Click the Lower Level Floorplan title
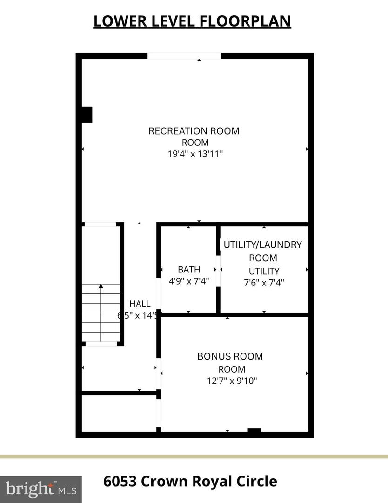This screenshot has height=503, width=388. click(x=192, y=21)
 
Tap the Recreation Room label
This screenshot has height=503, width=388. click(x=194, y=131)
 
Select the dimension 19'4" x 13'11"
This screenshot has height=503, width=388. click(x=195, y=155)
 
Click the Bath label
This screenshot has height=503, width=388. click(x=189, y=269)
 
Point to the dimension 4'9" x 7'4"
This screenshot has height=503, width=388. click(x=189, y=281)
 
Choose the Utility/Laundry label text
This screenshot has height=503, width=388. click(x=263, y=245)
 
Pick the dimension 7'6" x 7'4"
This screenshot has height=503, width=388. click(x=264, y=282)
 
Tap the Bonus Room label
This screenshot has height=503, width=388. click(x=230, y=356)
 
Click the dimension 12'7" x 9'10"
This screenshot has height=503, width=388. click(x=232, y=381)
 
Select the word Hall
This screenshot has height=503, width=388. click(x=140, y=304)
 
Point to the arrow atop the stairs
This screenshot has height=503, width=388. click(x=101, y=286)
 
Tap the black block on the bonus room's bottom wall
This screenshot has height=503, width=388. click(x=254, y=431)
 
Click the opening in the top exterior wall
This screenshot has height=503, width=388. click(x=184, y=56)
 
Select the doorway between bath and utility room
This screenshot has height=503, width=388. click(x=218, y=270)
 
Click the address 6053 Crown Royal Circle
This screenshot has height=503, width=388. click(x=190, y=481)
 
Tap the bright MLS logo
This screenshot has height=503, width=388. click(x=40, y=489)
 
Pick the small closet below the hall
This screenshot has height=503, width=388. click(x=119, y=413)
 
